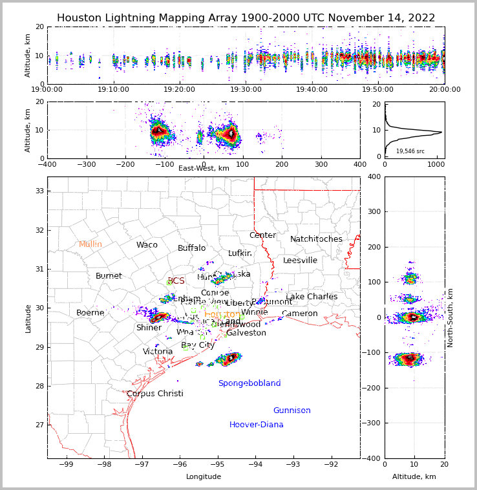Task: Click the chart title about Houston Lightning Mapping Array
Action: [x=246, y=18]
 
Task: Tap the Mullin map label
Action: [x=90, y=244]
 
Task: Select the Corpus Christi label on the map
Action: [x=155, y=394]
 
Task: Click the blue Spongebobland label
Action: [x=249, y=383]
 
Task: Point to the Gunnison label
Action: [x=291, y=410]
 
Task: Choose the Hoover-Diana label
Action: [x=257, y=425]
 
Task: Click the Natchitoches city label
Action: [x=316, y=239]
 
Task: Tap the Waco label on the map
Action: [x=147, y=245]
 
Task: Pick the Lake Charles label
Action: [x=312, y=297]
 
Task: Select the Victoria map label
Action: [x=158, y=352]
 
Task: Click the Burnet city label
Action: [x=109, y=276]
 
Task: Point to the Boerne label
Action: [x=90, y=313]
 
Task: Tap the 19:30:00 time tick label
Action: [x=246, y=89]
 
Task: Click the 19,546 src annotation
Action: [x=410, y=151]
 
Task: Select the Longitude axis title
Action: [x=204, y=477]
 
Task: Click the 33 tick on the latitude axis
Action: [x=39, y=191]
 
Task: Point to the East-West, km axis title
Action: [x=204, y=169]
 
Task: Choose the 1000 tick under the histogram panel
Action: [x=436, y=165]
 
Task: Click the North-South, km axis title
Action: [x=450, y=317]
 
